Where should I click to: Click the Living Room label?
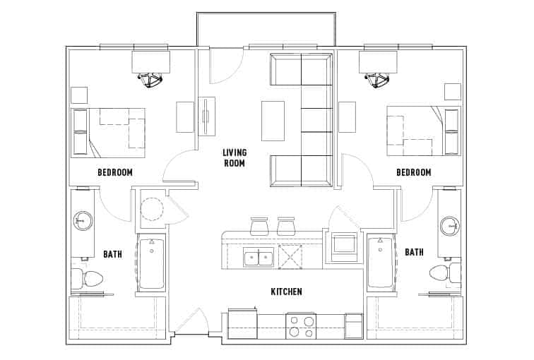tap(234, 157)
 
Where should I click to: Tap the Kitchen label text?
tap(286, 292)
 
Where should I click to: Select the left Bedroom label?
tap(115, 172)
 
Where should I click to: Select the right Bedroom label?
tap(413, 172)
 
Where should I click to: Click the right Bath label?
tap(414, 252)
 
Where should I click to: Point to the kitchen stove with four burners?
tap(301, 326)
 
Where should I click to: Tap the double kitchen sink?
tap(259, 258)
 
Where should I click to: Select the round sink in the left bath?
tap(83, 222)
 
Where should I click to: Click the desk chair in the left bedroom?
tap(151, 80)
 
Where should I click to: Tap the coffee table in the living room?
tap(273, 121)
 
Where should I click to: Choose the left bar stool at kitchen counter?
tap(259, 226)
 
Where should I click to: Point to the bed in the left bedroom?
tap(109, 133)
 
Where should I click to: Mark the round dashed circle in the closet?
tap(152, 208)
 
